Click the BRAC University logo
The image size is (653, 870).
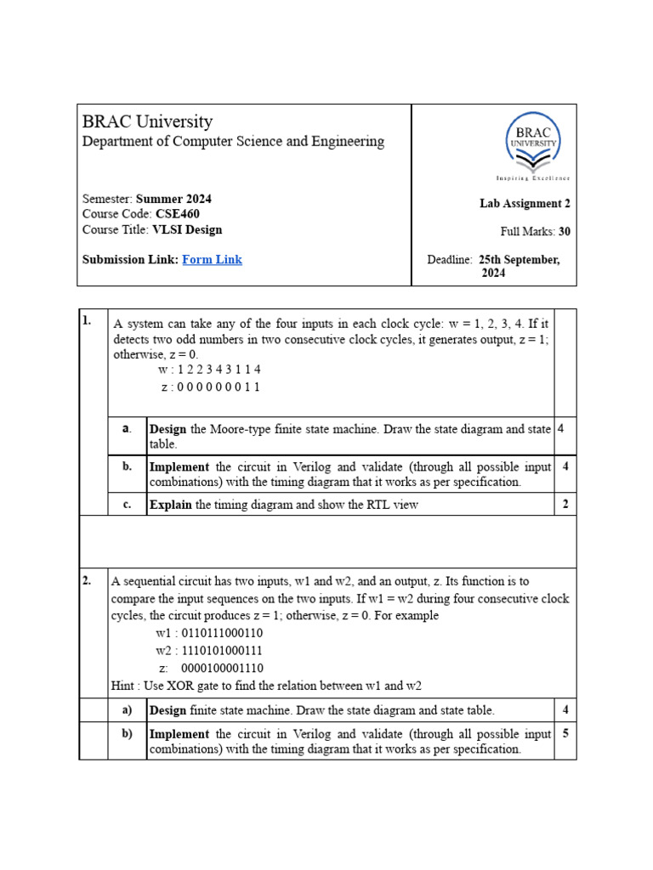pos(533,147)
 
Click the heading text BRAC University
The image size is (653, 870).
pos(147,121)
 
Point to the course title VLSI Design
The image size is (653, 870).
pos(187,229)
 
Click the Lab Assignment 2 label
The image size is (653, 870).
pos(525,203)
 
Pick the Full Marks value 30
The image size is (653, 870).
pos(565,231)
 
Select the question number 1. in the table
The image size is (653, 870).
pos(88,320)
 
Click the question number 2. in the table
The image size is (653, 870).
pos(88,581)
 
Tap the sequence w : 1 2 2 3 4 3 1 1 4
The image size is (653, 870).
pos(209,370)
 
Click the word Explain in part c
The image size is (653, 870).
pos(171,505)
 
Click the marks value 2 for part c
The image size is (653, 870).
pos(565,505)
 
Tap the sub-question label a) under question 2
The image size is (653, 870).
pos(127,709)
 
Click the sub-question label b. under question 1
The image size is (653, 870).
pos(127,466)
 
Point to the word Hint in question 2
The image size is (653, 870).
pos(125,686)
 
